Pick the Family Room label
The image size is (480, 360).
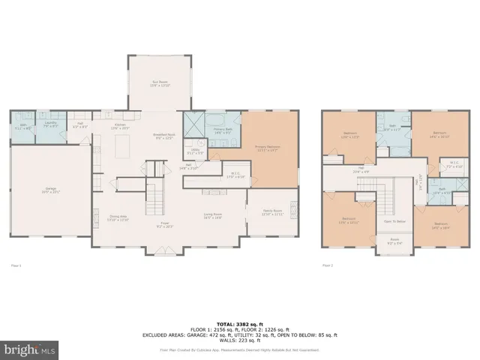point(271,212)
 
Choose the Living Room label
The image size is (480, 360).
point(213,217)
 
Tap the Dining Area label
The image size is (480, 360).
point(118,219)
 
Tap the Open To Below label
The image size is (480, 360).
point(394,221)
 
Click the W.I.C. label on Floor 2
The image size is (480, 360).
point(454,163)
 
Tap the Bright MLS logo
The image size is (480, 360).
point(29,349)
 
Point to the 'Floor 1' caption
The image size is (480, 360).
point(15,265)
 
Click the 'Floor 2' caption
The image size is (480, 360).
point(327,265)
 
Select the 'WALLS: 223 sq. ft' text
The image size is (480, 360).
point(240,340)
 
